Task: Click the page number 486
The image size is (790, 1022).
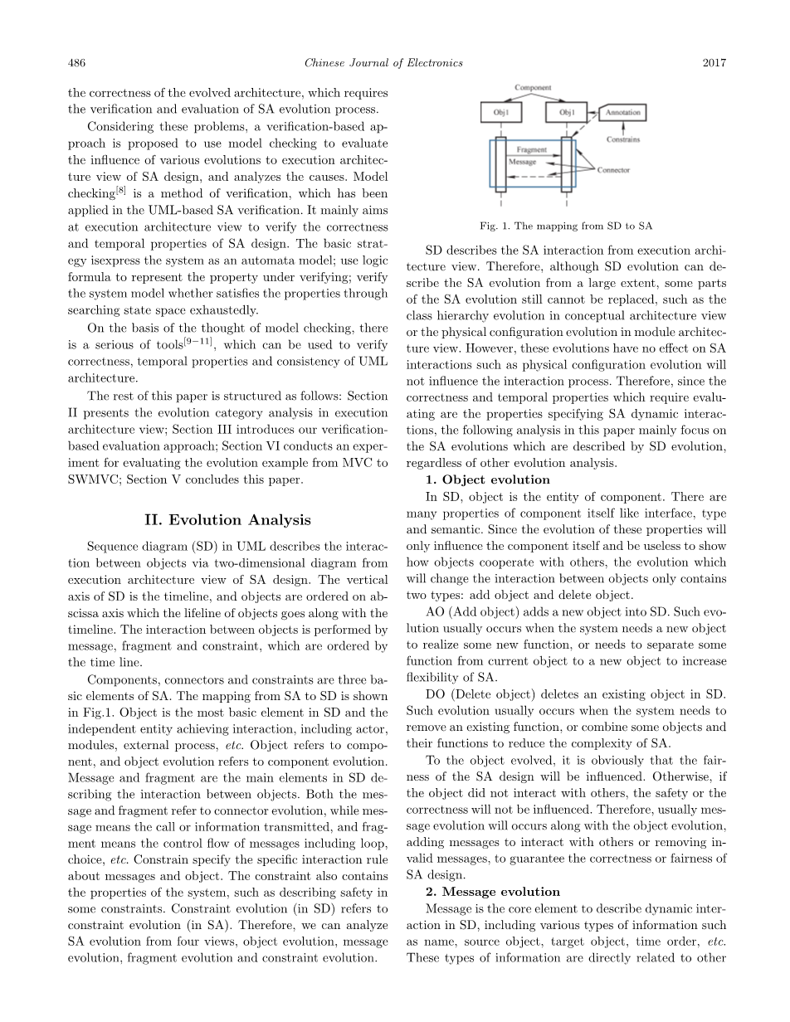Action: [77, 63]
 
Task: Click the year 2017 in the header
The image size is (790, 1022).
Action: [713, 63]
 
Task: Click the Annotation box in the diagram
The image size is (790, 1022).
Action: [622, 112]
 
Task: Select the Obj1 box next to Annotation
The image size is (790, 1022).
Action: [567, 112]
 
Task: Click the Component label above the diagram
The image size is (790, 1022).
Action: [534, 86]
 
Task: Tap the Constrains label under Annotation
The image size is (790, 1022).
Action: [622, 139]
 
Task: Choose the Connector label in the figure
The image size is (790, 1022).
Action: [614, 170]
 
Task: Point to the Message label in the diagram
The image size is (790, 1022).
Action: [522, 162]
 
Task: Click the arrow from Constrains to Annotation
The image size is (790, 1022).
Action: [622, 127]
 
